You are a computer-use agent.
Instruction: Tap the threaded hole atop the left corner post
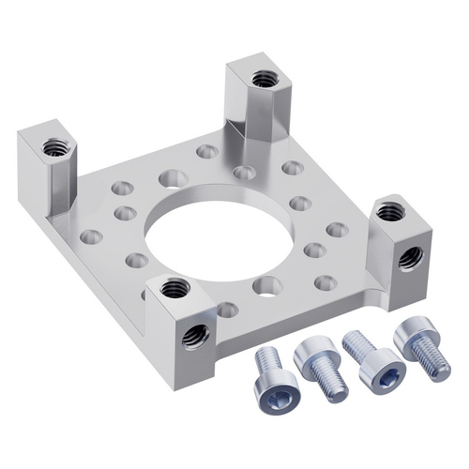(x=56, y=147)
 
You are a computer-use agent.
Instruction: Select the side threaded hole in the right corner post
(x=407, y=257)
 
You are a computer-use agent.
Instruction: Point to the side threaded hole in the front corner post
(x=194, y=334)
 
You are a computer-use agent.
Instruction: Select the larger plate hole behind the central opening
(x=172, y=176)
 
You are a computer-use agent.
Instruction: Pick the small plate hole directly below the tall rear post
(x=244, y=172)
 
